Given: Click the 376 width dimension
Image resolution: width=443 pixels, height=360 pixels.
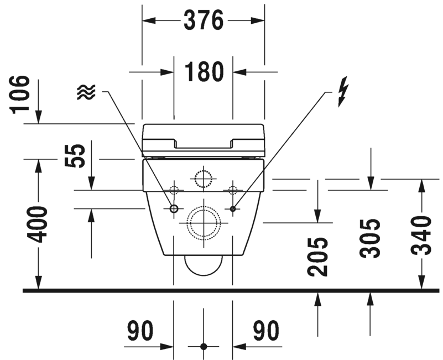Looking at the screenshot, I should point(204,20).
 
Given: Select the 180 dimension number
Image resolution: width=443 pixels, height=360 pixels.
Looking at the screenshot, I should point(204,72).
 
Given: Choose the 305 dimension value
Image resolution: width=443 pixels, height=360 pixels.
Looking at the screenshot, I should point(370,238).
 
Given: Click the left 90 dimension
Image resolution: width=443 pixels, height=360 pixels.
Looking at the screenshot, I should point(140,331).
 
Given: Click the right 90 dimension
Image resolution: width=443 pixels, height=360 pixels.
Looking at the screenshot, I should point(266,331).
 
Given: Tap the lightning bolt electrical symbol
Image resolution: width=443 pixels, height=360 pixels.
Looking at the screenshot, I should point(343,92).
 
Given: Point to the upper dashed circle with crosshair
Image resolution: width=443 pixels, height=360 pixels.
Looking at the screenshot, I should point(203,178).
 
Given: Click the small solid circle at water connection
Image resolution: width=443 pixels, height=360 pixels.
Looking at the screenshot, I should point(174,208).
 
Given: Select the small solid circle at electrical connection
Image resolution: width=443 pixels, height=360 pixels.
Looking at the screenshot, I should point(232,208).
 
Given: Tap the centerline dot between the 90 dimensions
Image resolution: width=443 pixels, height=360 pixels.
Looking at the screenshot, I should point(203,346).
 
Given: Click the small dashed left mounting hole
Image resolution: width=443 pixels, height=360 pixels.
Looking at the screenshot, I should point(174,190).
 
